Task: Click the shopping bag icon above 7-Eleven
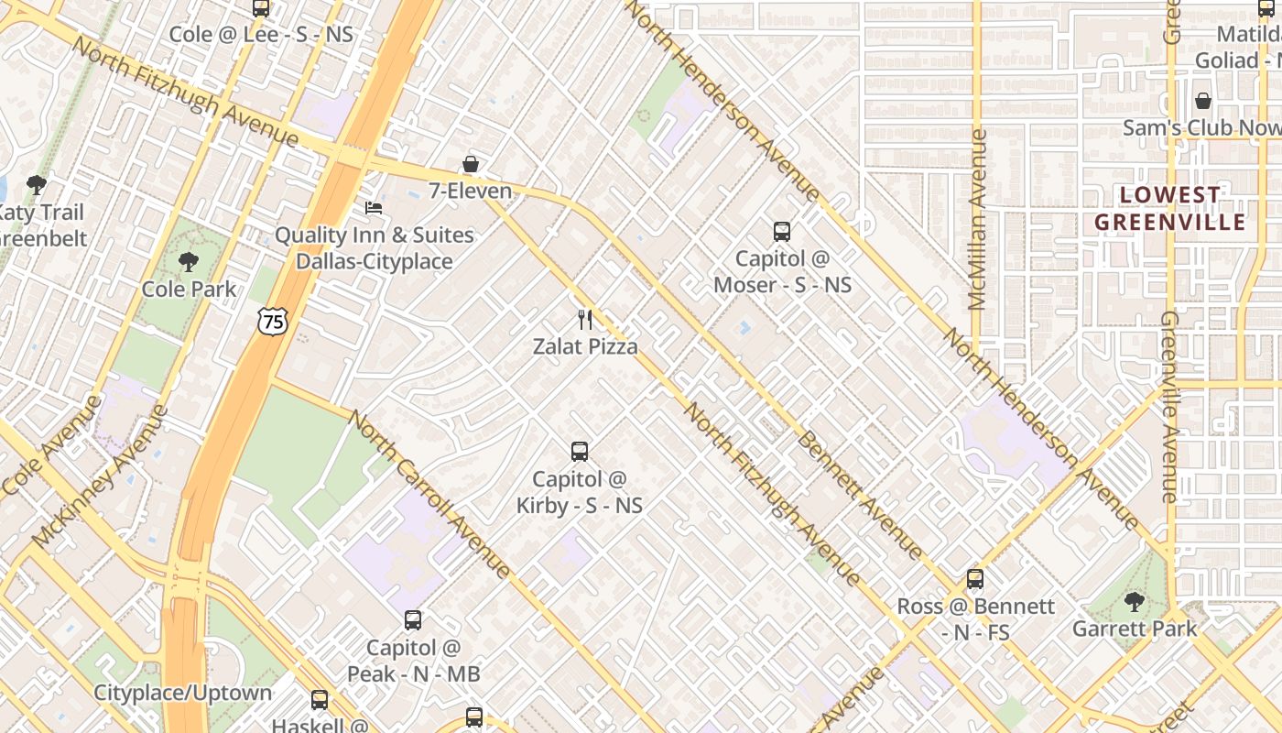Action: (470, 164)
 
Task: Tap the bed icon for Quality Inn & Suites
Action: (374, 208)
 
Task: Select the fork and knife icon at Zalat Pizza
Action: (586, 320)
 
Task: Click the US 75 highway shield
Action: (272, 321)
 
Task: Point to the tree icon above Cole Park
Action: (189, 262)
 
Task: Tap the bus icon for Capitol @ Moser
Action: (782, 232)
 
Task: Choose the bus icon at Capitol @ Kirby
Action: (580, 452)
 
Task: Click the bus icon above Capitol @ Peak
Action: (413, 620)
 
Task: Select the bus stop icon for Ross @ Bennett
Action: (975, 579)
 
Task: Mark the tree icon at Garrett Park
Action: (1135, 602)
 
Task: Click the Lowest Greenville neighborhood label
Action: (1170, 208)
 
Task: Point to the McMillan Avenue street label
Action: (977, 220)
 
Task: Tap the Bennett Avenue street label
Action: (859, 495)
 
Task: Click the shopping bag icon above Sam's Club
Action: (1203, 101)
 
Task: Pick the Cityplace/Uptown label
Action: (183, 693)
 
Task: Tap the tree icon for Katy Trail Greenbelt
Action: (37, 186)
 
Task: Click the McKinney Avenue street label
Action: (101, 476)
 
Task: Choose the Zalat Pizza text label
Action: (585, 346)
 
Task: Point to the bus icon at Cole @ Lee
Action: (261, 8)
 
